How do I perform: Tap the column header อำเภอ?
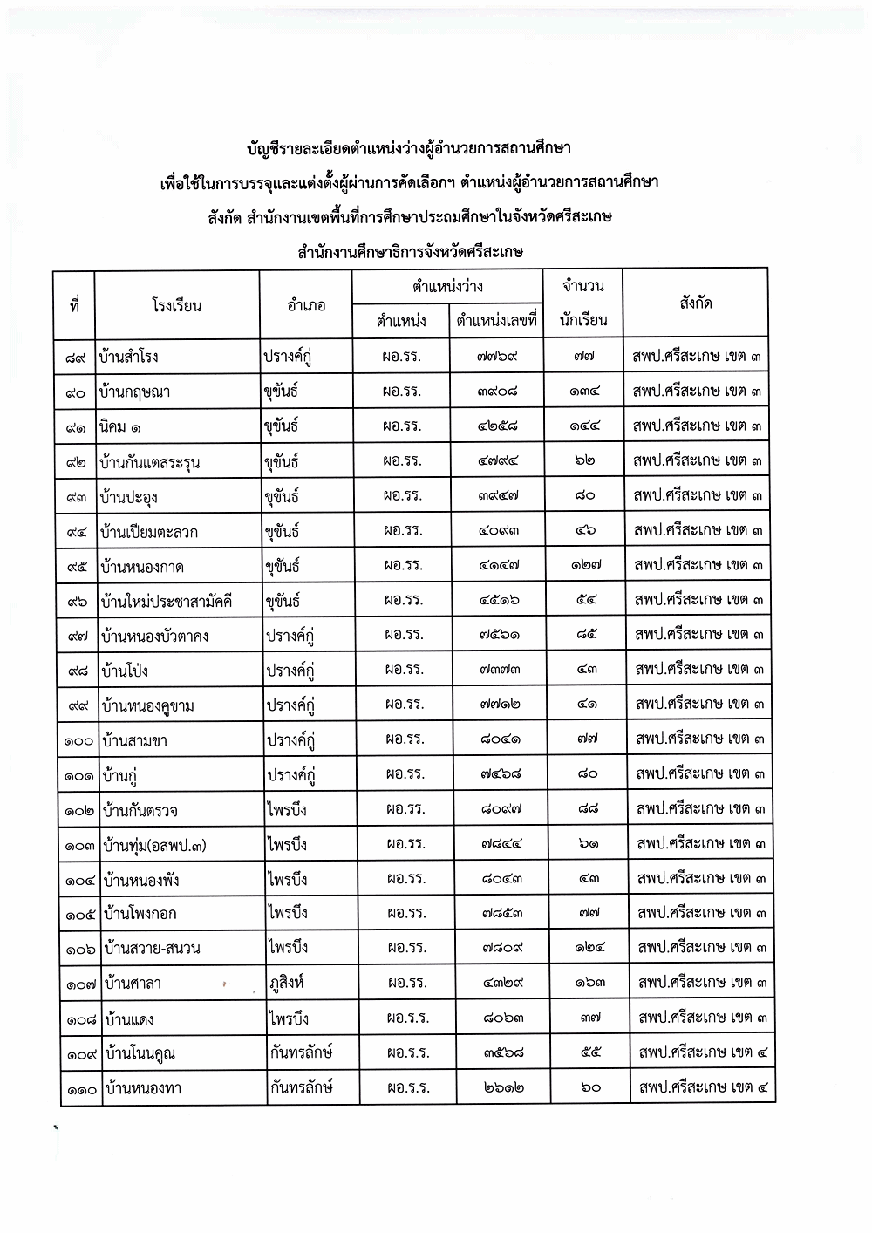pos(306,305)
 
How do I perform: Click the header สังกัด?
pos(695,303)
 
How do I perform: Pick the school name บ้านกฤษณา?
pos(135,392)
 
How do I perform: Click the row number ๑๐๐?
pos(79,741)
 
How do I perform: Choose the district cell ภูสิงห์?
pos(290,984)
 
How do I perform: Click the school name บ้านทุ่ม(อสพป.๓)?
pos(154,845)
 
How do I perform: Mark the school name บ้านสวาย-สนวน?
pos(152,948)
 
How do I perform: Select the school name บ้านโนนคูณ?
pos(140,1053)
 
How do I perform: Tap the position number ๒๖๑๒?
pos(502,1088)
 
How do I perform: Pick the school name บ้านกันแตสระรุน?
pos(150,462)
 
